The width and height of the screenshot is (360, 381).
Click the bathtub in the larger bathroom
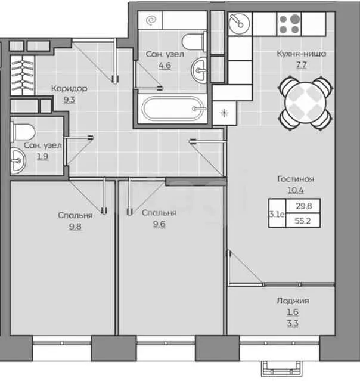173,109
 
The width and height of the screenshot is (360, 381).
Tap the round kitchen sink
240,24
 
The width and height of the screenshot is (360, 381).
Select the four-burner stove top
289,24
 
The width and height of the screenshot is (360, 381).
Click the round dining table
305,103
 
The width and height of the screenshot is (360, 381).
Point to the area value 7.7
301,65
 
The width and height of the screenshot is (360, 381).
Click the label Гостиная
296,179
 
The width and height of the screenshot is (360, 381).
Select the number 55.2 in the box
303,221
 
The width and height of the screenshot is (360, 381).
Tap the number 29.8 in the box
303,206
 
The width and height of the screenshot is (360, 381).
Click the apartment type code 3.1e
277,214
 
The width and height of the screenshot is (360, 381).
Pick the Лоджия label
293,301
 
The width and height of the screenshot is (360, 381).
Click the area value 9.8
75,227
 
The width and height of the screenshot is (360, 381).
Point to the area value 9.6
159,224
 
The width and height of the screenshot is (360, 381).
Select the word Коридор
69,88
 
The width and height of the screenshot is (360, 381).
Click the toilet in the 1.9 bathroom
23,132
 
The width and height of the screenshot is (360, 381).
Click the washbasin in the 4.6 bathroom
198,70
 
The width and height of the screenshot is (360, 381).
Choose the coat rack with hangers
22,75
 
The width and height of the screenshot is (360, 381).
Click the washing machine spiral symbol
151,20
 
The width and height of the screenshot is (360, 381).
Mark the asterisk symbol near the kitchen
224,113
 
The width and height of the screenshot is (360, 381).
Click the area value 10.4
296,190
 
